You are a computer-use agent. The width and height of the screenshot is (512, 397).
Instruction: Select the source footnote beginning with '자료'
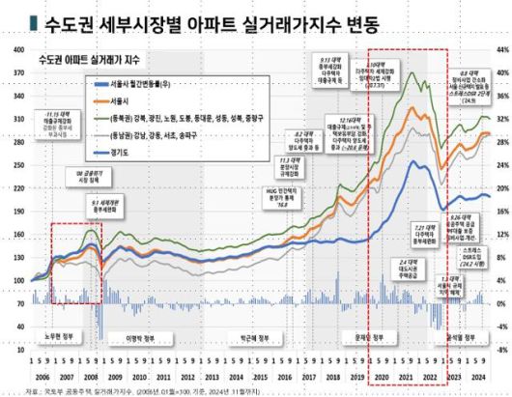coord(135,389)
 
